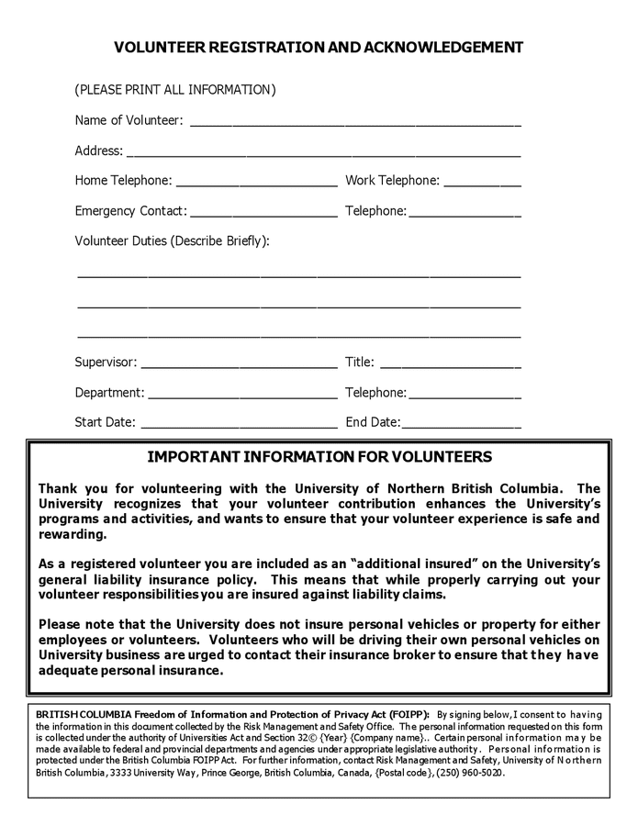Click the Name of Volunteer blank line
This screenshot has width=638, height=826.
coord(355,122)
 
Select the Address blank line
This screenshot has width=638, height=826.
coord(323,152)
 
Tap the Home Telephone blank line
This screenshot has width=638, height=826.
coord(256,183)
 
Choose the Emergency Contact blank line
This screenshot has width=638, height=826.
coord(263,213)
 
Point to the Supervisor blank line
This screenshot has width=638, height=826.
coord(239,364)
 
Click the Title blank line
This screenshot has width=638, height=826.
coord(450,364)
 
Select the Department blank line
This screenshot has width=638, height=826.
coord(242,395)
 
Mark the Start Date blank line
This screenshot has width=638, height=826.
coord(239,425)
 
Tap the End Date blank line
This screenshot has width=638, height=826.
coord(461,425)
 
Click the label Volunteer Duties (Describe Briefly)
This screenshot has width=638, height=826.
coord(172,241)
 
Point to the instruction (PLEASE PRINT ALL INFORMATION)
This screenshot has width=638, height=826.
coord(175,90)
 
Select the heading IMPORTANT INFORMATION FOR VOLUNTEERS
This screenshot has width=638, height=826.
coord(319,457)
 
